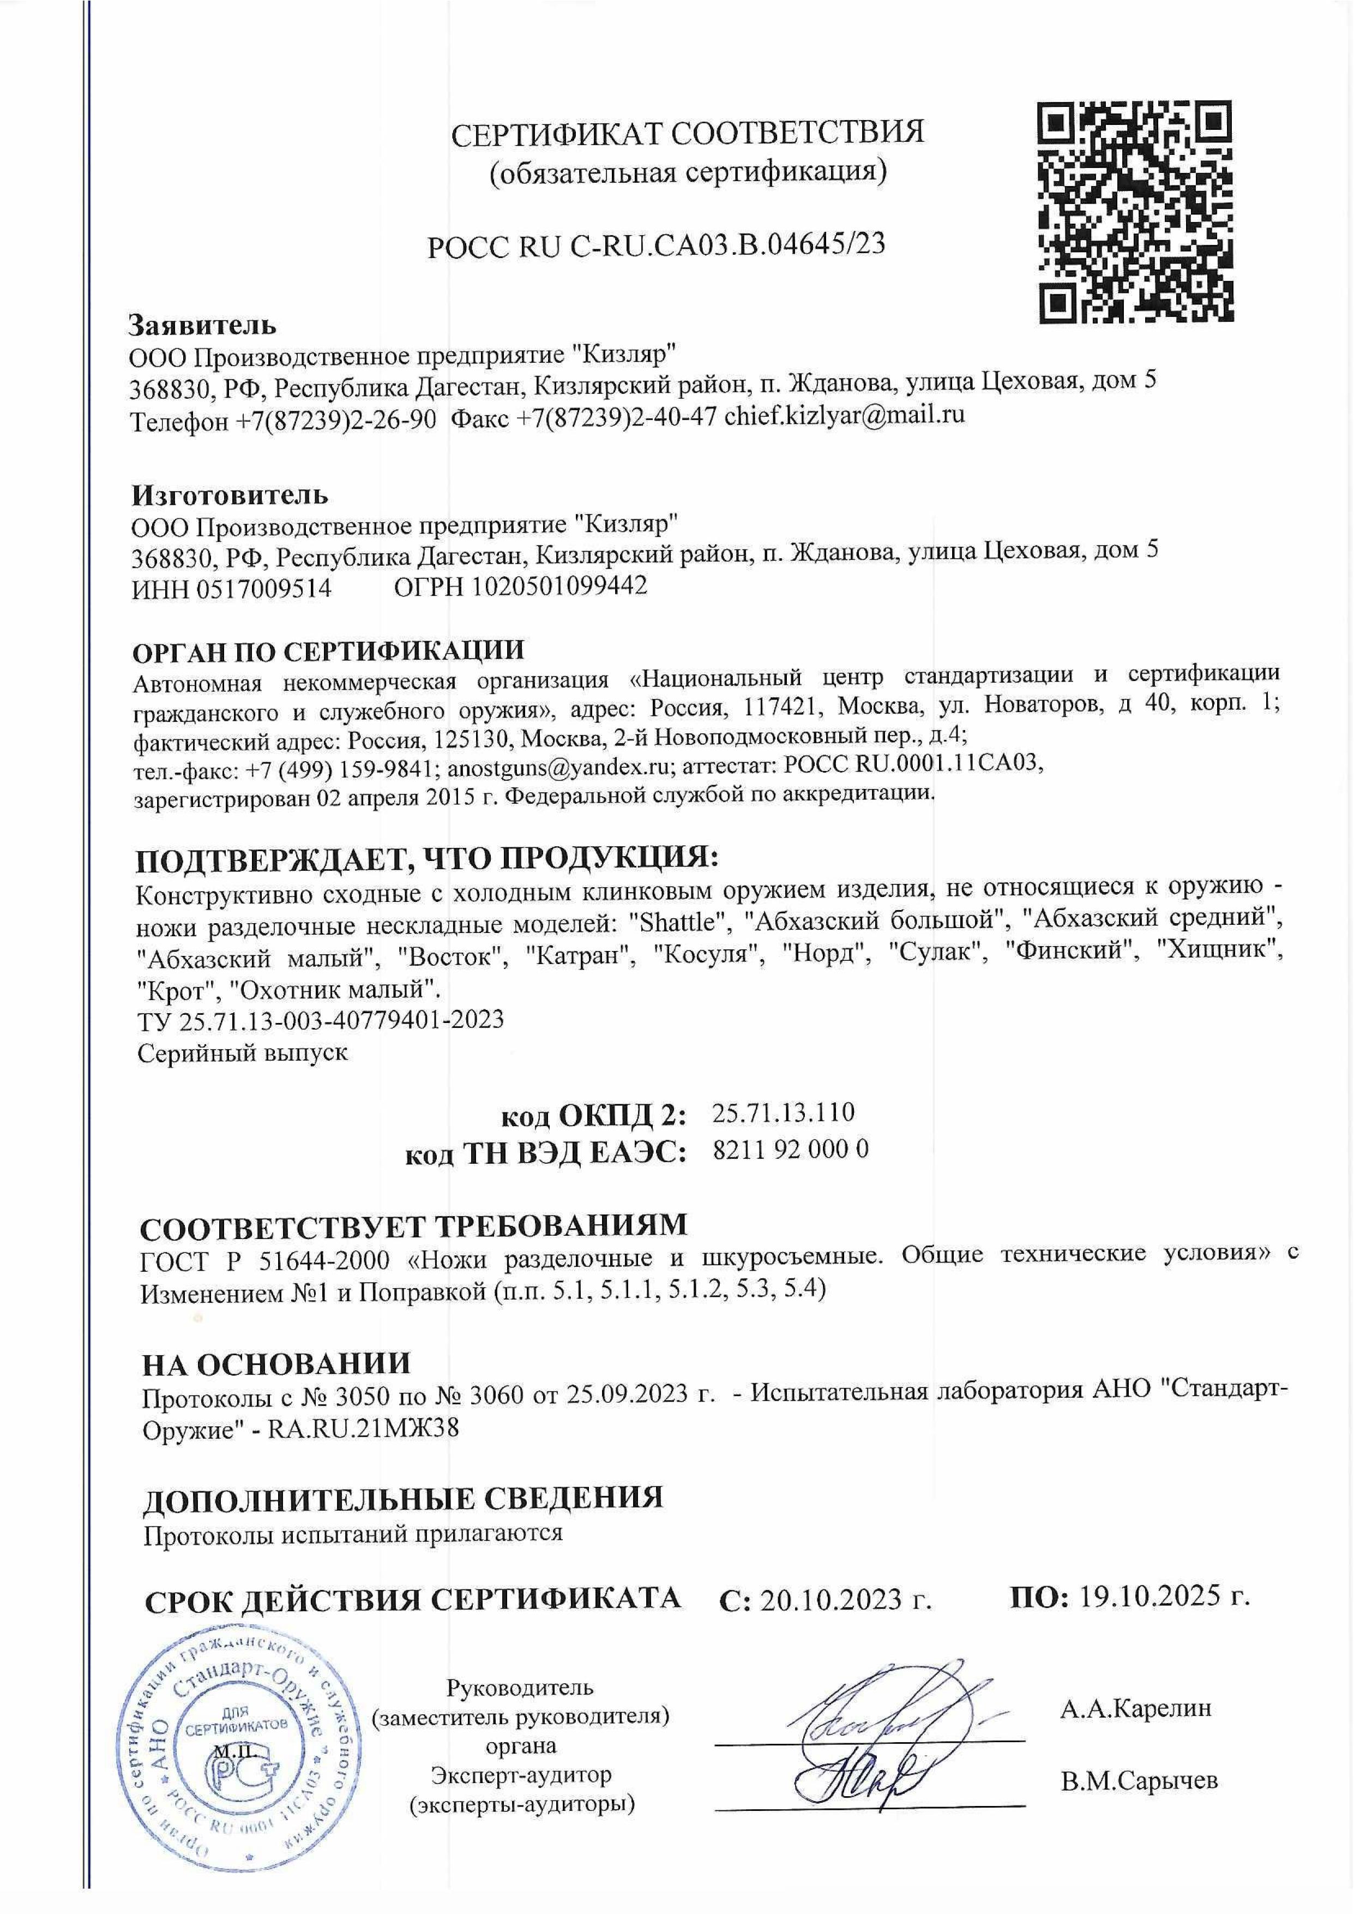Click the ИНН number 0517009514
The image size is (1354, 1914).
point(264,588)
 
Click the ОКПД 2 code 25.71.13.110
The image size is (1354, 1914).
point(784,1112)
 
